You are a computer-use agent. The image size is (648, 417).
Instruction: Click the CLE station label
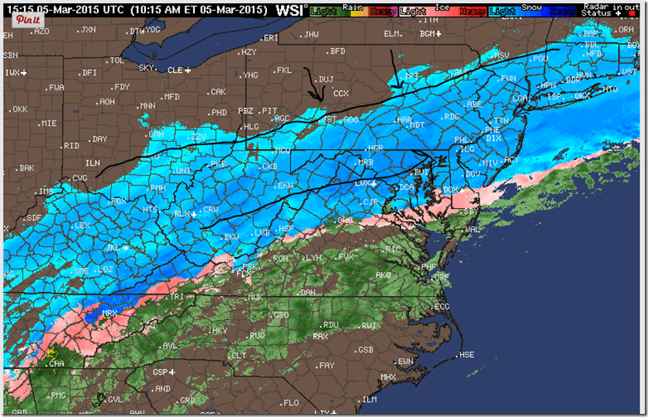click(175, 70)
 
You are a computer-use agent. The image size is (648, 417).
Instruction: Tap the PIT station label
click(269, 110)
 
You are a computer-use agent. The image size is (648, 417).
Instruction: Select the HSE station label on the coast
click(466, 355)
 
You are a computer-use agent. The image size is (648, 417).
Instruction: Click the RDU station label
click(331, 325)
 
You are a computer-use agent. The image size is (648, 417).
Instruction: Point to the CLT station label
click(239, 355)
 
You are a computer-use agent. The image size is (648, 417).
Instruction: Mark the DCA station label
click(407, 187)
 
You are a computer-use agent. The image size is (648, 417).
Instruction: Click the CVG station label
click(78, 177)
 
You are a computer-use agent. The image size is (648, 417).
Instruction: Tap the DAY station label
click(99, 139)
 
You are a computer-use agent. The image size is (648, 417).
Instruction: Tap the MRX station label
click(109, 314)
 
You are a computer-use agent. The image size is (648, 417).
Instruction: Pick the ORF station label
click(441, 277)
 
